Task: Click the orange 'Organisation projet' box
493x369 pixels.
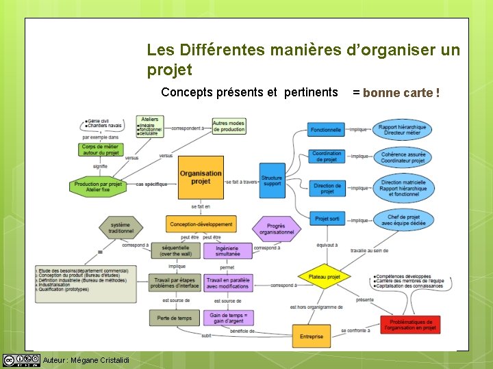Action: pos(201,178)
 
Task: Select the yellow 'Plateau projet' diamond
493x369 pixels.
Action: pos(324,277)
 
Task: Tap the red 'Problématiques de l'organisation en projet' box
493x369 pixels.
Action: pos(410,325)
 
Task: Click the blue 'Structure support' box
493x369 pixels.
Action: pos(272,180)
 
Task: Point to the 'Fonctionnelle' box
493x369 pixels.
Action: pos(326,130)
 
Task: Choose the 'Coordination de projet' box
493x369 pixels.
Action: pos(326,156)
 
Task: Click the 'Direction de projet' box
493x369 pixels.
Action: pos(327,188)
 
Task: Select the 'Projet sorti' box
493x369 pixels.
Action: pos(327,219)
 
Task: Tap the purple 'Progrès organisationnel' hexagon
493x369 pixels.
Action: pos(276,229)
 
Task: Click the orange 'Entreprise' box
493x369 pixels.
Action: pos(312,336)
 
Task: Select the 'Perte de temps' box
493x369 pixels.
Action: pos(174,318)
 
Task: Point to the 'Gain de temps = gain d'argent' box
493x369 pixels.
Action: pos(228,318)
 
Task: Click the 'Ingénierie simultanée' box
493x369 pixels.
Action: pos(227,251)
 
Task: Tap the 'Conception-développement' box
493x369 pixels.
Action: pos(201,223)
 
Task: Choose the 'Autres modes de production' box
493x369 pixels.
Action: pos(228,126)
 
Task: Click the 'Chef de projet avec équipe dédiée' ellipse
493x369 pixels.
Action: pos(403,220)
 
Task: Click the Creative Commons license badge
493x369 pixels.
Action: pos(21,360)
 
